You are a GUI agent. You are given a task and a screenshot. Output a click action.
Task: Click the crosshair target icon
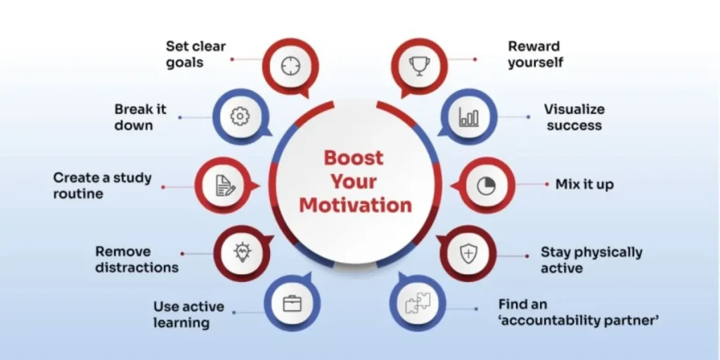pos(290,66)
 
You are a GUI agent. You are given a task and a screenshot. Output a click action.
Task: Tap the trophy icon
pos(419,66)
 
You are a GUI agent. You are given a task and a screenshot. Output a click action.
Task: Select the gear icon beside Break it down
pos(240,117)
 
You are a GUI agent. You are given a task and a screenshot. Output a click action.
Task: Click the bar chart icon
pos(469,117)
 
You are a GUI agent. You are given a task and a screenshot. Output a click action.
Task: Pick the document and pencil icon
pos(225,186)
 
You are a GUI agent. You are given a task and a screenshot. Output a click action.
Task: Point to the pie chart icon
pos(487,186)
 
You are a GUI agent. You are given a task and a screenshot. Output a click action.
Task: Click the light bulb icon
pos(242,252)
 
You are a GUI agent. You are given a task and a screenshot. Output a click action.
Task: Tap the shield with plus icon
pos(468,253)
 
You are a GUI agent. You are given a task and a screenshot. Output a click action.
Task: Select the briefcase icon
pos(292,303)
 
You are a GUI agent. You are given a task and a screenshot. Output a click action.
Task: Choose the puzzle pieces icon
pos(418,303)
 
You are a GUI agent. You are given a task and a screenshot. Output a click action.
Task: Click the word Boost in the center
pos(354,157)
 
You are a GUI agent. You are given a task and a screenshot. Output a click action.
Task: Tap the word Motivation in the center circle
pos(355,205)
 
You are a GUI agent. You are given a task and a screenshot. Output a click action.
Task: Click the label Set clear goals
pos(196,54)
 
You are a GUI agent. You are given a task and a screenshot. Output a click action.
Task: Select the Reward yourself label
pos(535,54)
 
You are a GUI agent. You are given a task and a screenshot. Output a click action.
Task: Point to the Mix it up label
pos(584,185)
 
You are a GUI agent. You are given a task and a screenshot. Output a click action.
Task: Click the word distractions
pos(137,267)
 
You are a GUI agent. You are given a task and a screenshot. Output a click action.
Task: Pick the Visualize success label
pos(574,117)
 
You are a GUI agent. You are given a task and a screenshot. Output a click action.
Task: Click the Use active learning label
pos(188,314)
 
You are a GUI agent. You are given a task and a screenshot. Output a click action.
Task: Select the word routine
pos(78,193)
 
